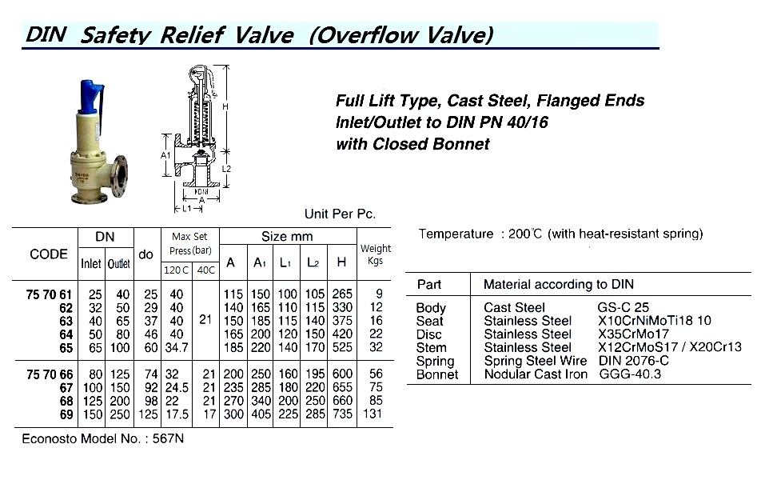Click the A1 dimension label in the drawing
(165, 154)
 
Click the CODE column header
(48, 254)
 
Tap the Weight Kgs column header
(376, 254)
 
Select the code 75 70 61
(50, 295)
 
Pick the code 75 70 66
(50, 374)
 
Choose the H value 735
(341, 414)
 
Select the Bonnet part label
(437, 374)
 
